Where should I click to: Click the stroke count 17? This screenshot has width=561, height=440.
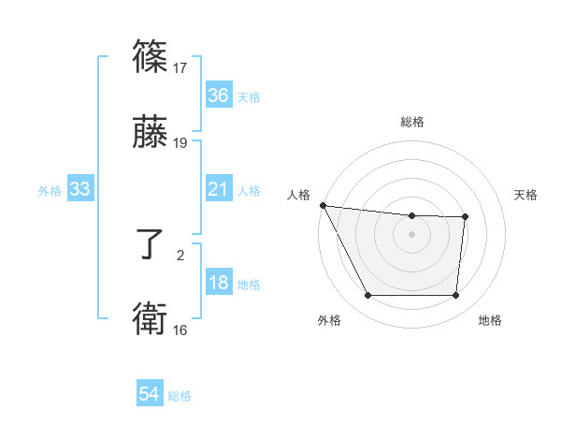[181, 67]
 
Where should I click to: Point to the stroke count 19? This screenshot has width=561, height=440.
[181, 143]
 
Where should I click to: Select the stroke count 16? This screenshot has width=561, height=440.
[181, 330]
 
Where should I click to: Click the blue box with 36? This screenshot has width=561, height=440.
[218, 95]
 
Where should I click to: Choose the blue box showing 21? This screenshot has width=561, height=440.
[218, 190]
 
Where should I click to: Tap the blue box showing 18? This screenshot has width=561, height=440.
[218, 284]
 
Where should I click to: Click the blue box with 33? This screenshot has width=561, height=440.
[80, 190]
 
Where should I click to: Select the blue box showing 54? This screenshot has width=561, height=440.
[150, 395]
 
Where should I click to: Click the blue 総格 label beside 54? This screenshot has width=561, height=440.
[180, 396]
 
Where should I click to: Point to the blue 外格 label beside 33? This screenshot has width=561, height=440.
[50, 191]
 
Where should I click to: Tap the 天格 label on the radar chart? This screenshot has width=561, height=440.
[525, 195]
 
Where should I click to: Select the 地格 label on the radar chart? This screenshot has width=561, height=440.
[490, 321]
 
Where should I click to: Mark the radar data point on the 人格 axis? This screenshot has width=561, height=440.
[323, 205]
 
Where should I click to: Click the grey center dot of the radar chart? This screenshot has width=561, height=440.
[411, 234]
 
